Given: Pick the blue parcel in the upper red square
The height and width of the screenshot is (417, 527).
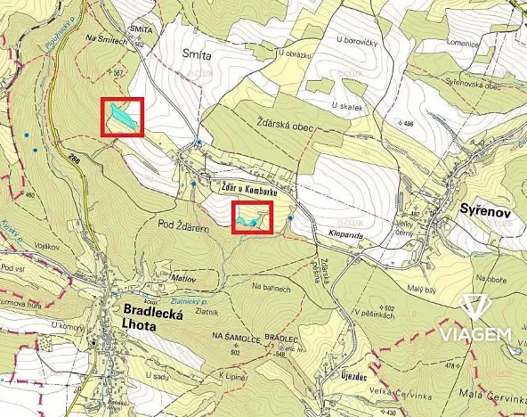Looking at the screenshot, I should click(x=123, y=116).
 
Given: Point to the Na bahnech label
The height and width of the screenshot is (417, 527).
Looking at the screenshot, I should click(x=271, y=287).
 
